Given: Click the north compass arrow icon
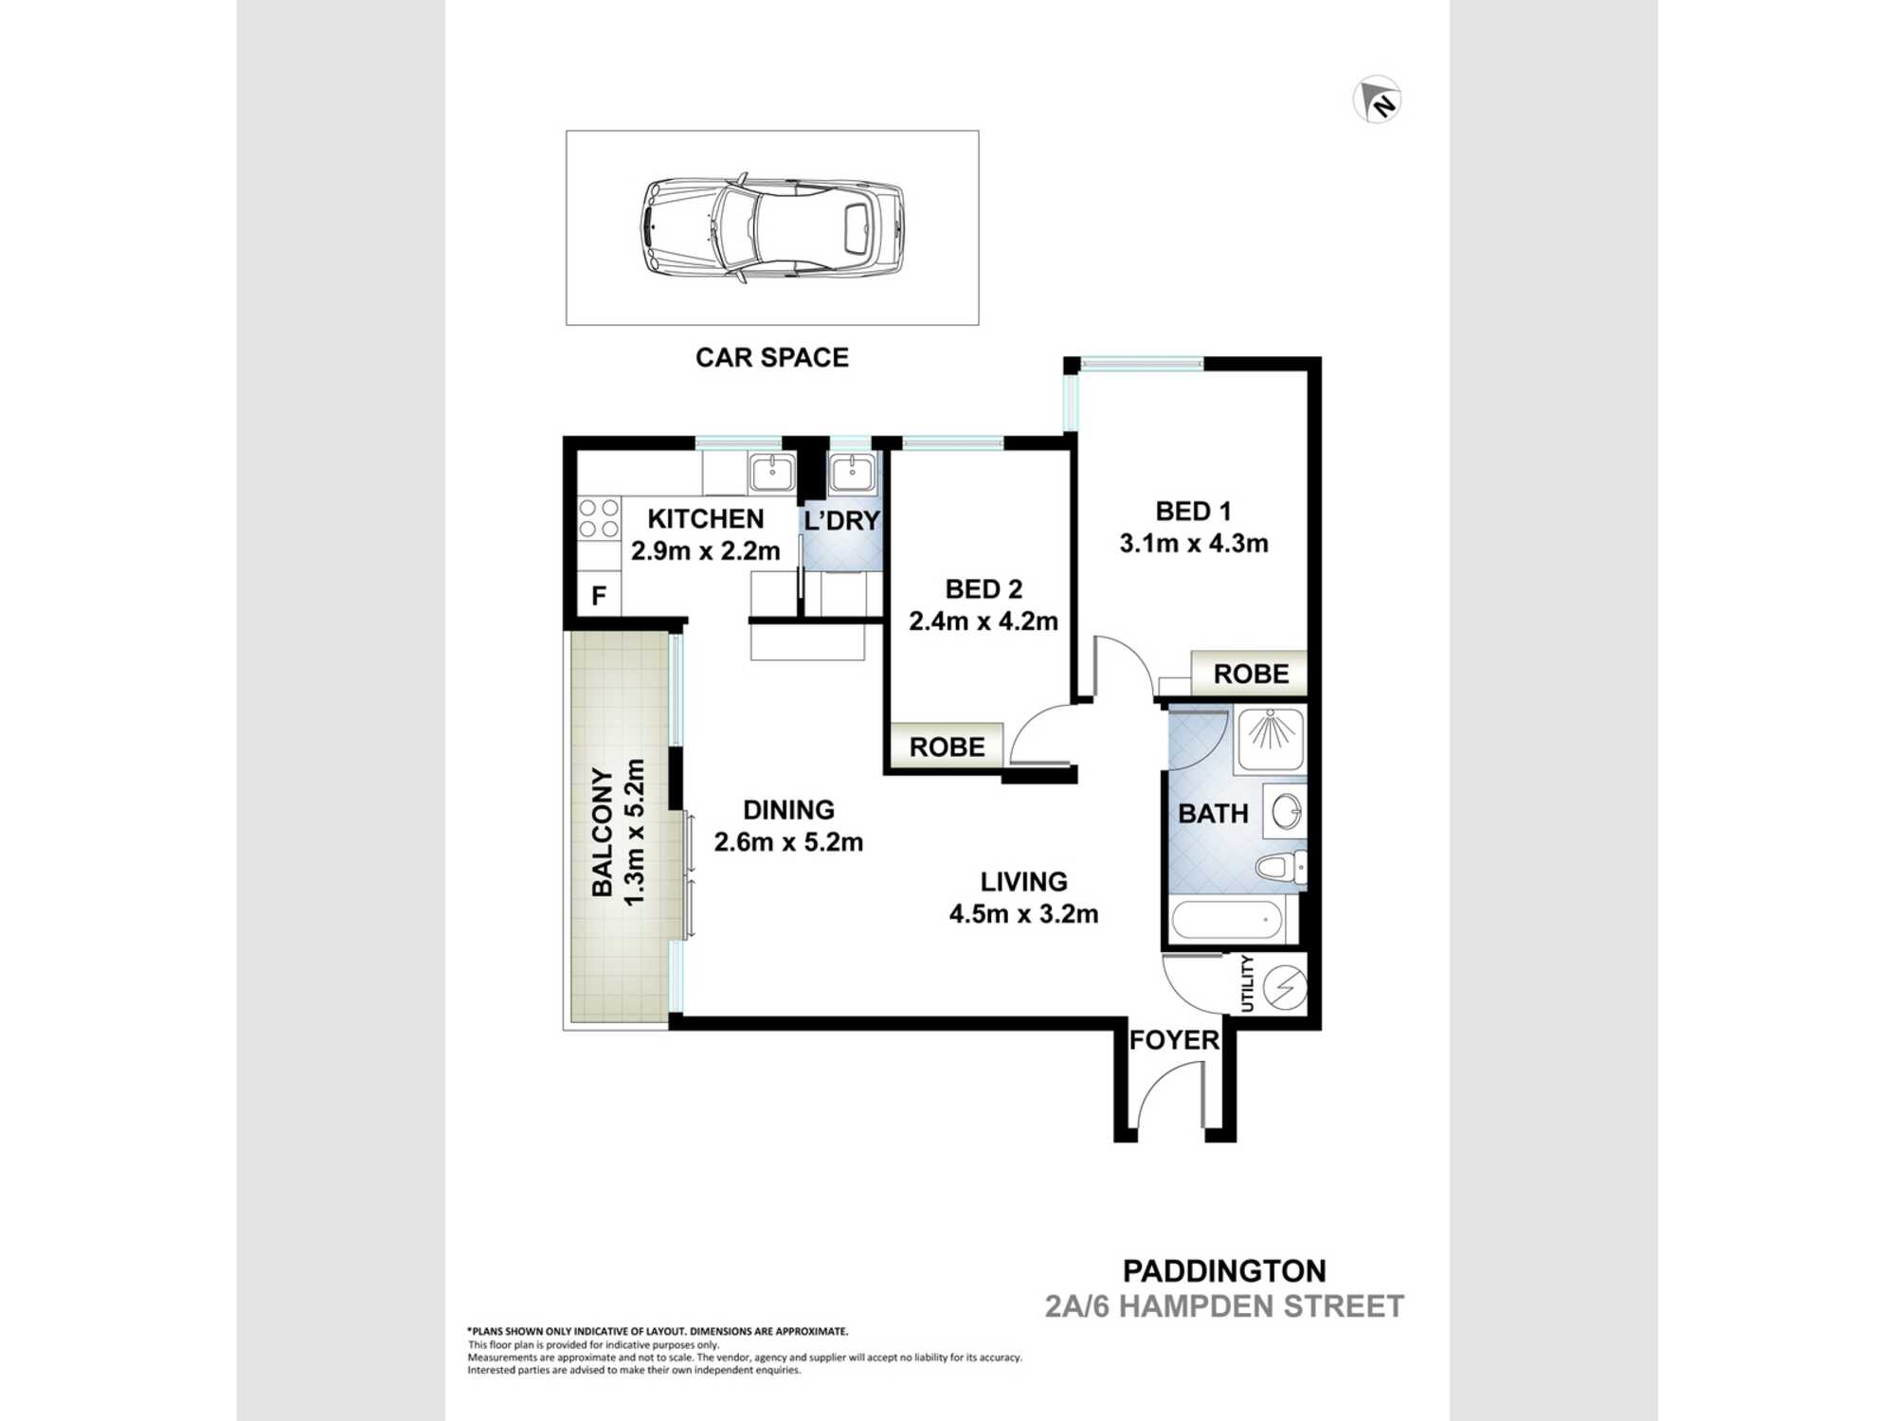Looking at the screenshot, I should [1377, 99].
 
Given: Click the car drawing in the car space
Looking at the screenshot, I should [772, 227].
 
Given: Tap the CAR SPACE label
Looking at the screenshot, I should [771, 357].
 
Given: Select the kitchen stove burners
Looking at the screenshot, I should [599, 519].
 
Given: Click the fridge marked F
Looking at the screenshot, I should [599, 596].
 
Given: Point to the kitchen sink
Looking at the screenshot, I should [772, 472].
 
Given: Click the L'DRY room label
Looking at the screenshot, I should [842, 521].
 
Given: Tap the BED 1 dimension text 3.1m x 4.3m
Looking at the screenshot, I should [1193, 544].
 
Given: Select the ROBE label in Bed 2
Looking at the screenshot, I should [947, 747].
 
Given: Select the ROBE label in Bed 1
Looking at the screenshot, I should [1251, 675].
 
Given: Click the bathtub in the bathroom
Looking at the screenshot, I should [1227, 920].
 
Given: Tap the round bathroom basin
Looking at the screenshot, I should [1286, 812].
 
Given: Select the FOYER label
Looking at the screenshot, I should [1173, 1040].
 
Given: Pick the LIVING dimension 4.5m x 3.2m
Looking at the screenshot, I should [1023, 914].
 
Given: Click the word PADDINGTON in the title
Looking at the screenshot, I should [1224, 1271].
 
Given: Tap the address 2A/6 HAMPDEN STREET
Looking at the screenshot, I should [1224, 1306].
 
